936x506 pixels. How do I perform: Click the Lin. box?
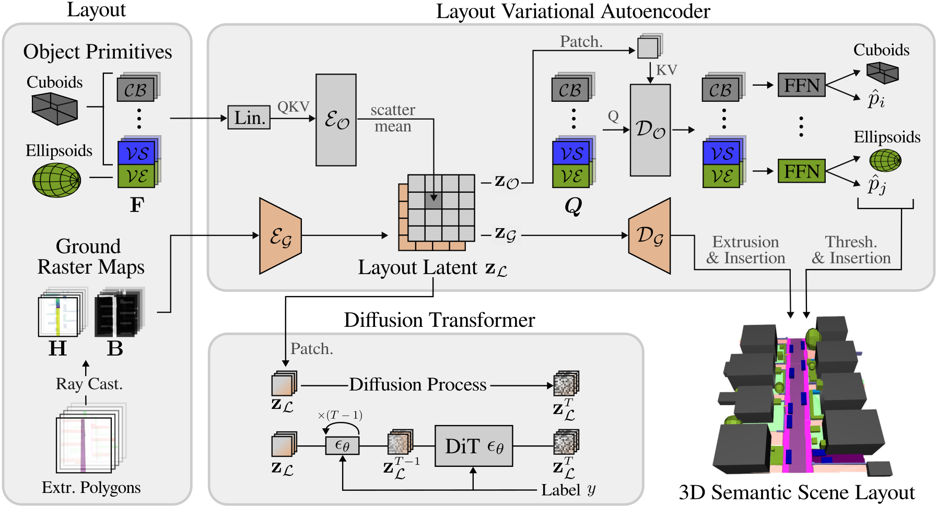(249, 117)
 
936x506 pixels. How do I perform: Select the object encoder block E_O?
(336, 120)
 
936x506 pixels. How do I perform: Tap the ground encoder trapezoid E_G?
(280, 236)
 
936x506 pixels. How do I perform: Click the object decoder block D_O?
(650, 130)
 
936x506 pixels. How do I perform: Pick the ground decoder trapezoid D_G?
(650, 236)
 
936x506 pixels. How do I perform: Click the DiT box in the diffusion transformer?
(474, 446)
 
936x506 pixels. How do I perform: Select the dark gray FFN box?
(802, 85)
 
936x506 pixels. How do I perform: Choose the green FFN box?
(802, 171)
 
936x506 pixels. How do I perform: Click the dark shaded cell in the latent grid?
(433, 201)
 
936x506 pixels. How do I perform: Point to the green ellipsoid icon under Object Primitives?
(56, 180)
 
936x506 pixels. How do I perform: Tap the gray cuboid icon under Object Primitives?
(54, 109)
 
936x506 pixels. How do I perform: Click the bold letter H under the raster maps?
(57, 348)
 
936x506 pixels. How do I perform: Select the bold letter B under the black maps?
(115, 348)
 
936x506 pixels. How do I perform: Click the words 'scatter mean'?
(393, 118)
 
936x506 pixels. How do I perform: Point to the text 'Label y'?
(568, 490)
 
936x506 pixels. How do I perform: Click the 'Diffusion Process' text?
(418, 384)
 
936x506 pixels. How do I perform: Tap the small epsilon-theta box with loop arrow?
(342, 446)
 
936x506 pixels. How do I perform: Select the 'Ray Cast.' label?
(89, 384)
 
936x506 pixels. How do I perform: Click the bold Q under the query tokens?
(573, 206)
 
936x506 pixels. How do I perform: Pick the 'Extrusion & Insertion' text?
(745, 250)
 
